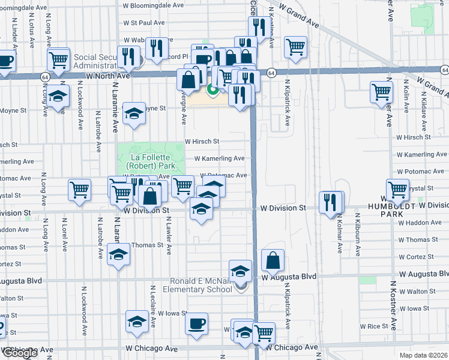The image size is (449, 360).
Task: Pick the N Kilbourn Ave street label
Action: [x=358, y=234]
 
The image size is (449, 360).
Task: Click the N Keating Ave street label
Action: [x=271, y=27]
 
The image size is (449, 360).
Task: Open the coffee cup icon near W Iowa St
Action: [x=196, y=325]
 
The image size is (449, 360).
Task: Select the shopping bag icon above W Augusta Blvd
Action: [x=273, y=260]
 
